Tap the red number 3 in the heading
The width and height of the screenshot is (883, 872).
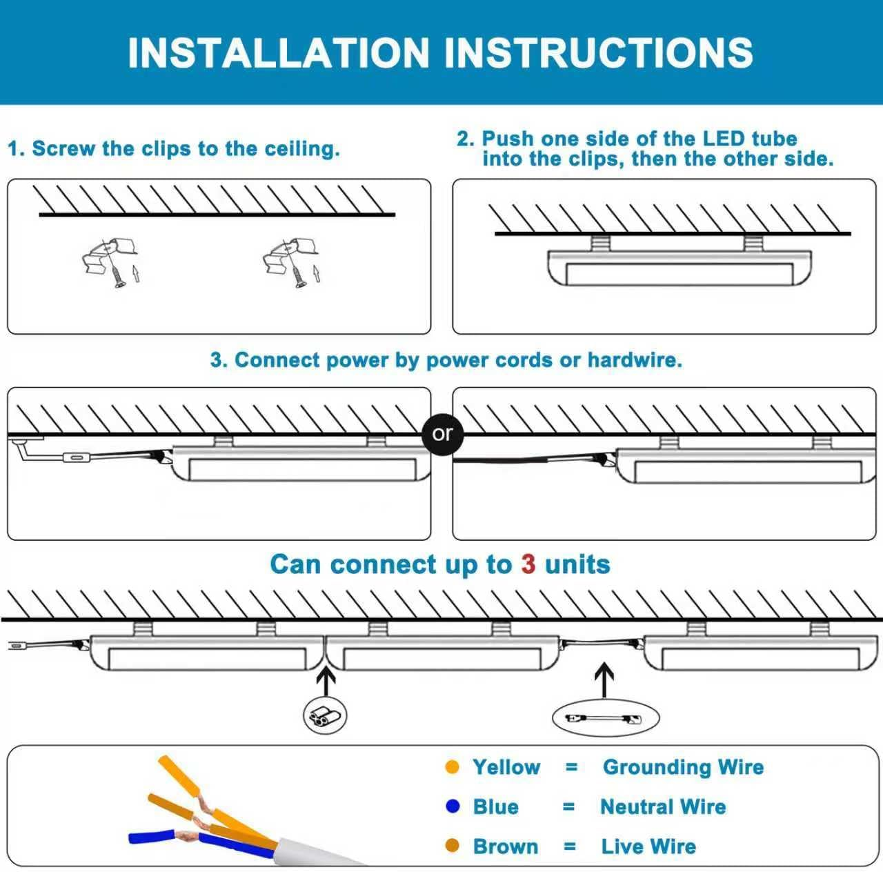(x=528, y=564)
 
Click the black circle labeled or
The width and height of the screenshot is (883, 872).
(x=442, y=434)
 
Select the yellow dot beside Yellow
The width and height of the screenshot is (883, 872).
(x=453, y=767)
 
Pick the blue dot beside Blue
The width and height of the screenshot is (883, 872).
(x=453, y=806)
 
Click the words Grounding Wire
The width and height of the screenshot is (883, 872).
(x=683, y=767)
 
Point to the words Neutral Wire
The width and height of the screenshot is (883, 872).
(x=663, y=806)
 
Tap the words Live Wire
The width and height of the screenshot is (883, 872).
(x=648, y=846)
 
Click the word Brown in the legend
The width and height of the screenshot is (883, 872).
(x=505, y=846)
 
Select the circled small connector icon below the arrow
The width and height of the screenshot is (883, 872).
(x=325, y=716)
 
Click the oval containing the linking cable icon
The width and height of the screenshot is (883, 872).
(x=606, y=718)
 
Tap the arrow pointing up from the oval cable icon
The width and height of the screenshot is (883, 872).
(x=604, y=680)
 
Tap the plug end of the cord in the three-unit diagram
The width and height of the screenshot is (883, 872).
(x=15, y=646)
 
